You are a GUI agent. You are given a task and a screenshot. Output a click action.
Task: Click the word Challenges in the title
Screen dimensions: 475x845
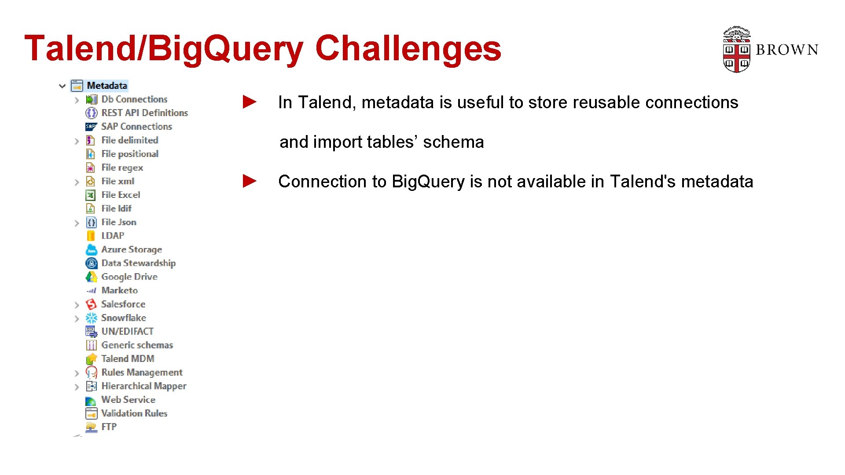(x=408, y=48)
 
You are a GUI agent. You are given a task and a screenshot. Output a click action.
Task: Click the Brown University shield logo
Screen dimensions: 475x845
(x=736, y=50)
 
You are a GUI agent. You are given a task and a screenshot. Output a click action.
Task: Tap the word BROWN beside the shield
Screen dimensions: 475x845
(x=787, y=50)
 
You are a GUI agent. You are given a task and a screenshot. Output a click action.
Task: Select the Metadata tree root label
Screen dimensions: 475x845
(x=107, y=85)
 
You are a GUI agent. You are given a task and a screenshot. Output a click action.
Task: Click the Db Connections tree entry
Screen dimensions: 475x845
(x=134, y=99)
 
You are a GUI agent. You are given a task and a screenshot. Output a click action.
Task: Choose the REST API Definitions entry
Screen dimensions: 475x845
(x=144, y=113)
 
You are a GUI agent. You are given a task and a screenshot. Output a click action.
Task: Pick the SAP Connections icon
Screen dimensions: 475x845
(x=91, y=127)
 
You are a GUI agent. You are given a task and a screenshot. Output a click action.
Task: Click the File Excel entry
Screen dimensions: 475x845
(x=121, y=195)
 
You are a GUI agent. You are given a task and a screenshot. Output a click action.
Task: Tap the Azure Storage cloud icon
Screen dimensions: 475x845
(x=91, y=250)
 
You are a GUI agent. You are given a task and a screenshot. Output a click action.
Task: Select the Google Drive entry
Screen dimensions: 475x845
(x=129, y=277)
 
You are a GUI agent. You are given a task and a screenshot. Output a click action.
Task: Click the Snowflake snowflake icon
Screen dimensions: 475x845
(x=91, y=318)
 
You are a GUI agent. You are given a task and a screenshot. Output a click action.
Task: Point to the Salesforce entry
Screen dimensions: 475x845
(x=123, y=304)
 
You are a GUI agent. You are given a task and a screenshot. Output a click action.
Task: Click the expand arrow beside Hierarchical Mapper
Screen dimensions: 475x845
(x=77, y=387)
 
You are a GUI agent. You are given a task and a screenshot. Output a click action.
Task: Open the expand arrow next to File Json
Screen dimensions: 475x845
(x=77, y=223)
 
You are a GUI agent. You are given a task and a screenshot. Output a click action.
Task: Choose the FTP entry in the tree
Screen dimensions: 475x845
(x=109, y=427)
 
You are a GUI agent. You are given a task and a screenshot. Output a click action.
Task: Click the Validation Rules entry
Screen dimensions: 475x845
(x=134, y=413)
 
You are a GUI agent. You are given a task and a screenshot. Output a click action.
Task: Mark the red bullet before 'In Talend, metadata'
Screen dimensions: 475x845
(x=250, y=102)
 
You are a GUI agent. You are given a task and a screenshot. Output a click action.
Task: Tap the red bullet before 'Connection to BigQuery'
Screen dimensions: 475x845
(x=250, y=181)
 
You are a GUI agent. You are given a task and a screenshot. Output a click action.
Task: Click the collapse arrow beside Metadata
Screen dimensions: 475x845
(x=62, y=86)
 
